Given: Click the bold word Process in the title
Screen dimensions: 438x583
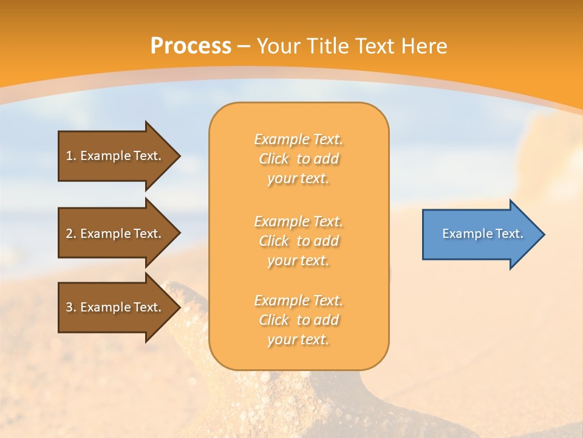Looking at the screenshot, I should (x=191, y=46).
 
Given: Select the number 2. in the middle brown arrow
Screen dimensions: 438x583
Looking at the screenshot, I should (x=71, y=234).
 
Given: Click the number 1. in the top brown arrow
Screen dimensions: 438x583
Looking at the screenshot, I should (x=71, y=156).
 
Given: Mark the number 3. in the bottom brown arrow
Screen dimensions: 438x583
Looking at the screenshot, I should (x=71, y=307).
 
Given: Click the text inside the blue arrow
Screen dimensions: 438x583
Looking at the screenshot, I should (x=482, y=234).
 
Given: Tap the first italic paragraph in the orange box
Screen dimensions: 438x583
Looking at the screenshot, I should (x=298, y=159).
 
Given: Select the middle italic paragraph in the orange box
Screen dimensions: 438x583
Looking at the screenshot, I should (x=298, y=241).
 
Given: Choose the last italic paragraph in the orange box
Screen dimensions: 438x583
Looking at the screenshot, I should (x=298, y=320).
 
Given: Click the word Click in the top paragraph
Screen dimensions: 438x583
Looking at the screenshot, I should (x=274, y=159).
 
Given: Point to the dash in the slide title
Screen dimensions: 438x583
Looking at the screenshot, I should (x=244, y=46).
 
